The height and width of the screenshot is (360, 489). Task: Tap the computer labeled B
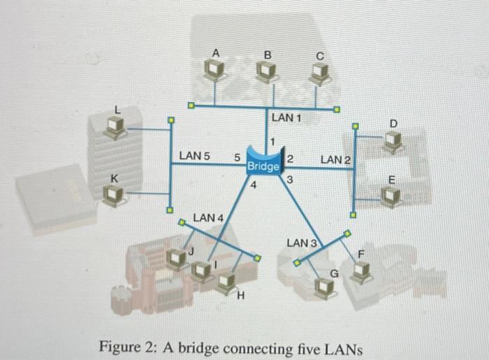point(265,70)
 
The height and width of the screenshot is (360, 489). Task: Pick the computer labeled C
point(319,71)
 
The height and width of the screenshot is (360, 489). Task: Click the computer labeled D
point(393,142)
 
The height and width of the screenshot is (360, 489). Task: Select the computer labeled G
point(323,285)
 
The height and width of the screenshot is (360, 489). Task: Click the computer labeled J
point(175,259)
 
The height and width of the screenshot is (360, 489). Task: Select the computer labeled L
point(115,127)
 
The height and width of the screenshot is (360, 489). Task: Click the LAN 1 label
point(286,118)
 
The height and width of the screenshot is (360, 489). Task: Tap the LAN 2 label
point(335,161)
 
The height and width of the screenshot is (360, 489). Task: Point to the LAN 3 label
point(302,243)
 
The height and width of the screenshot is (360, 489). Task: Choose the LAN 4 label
point(207,218)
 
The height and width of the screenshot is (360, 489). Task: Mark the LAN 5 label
point(194,154)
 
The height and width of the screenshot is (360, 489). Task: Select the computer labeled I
point(203,270)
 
